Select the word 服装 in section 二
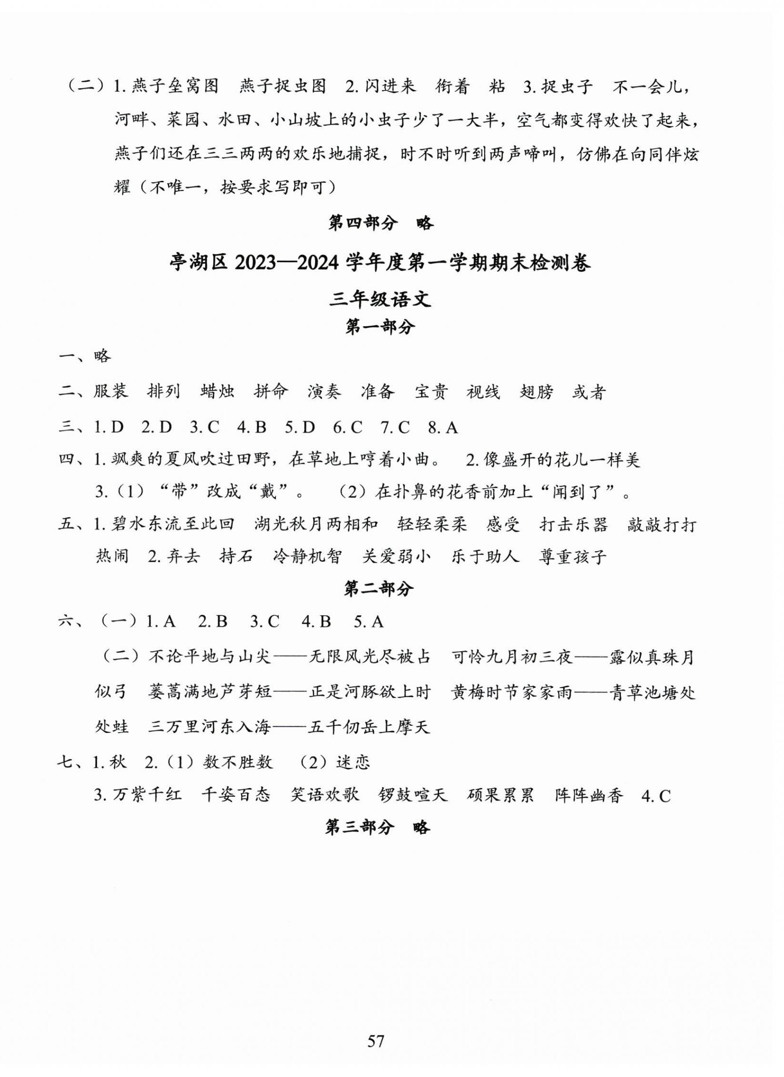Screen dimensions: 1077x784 click(x=111, y=392)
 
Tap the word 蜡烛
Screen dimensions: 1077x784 click(x=218, y=392)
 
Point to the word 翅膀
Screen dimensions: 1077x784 click(x=537, y=392)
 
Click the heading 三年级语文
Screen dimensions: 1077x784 click(x=380, y=300)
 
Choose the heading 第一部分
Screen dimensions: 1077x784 click(x=380, y=327)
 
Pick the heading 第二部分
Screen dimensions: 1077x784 click(x=378, y=589)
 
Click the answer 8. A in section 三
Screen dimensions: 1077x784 click(x=443, y=427)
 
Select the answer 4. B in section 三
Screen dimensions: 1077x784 click(x=252, y=427)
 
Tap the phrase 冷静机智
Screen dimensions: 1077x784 click(x=307, y=556)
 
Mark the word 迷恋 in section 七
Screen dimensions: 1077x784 click(x=353, y=762)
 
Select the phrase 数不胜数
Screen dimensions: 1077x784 click(x=238, y=762)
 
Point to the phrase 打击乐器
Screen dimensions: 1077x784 click(x=574, y=524)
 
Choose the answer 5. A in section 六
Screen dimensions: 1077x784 click(x=369, y=622)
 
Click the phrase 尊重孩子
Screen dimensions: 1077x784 click(x=573, y=556)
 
